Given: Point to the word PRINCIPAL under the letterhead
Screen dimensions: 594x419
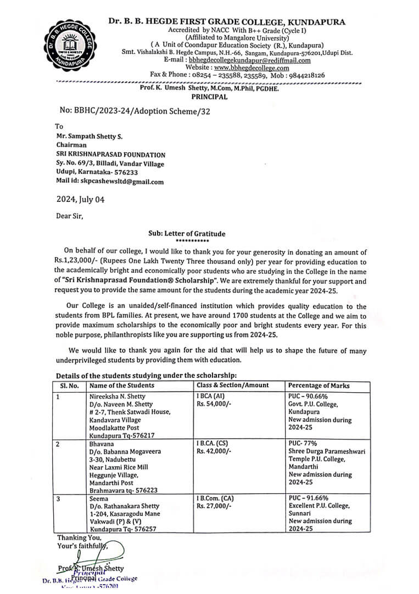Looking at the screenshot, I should click(x=209, y=96).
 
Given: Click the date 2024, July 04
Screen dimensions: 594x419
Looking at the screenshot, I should click(x=80, y=200).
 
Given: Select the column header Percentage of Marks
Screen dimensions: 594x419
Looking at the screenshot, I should click(x=319, y=386).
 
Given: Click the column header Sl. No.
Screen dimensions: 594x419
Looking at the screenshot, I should click(x=68, y=386).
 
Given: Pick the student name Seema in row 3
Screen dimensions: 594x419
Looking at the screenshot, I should click(x=99, y=498).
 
